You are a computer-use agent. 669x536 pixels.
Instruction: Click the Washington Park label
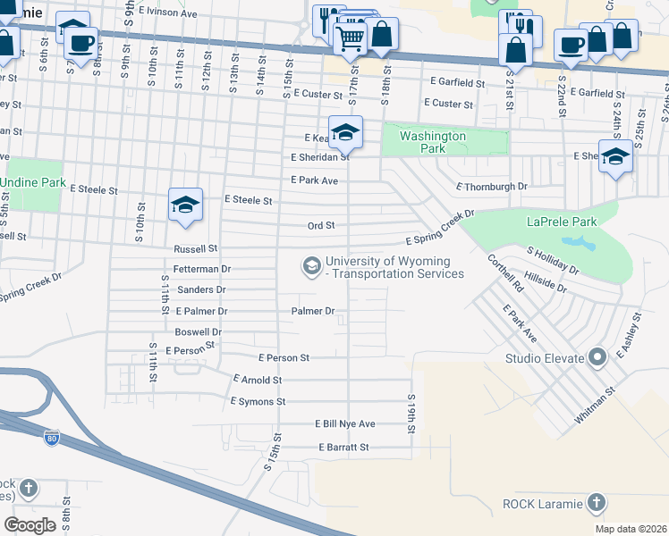433,142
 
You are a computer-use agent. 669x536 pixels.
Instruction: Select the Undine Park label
34,182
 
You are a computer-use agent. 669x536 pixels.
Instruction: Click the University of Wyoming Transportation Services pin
311,265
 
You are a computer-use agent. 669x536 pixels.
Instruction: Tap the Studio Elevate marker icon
598,359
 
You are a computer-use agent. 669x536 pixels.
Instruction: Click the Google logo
30,524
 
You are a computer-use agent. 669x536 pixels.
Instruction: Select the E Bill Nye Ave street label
344,423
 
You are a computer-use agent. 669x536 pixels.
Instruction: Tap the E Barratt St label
343,447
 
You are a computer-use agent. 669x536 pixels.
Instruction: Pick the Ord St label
320,226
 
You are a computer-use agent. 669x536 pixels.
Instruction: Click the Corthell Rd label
505,275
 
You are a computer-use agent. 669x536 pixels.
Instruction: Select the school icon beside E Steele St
185,206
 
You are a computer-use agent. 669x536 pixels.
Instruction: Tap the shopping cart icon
351,38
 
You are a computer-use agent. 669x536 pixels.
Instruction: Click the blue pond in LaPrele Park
581,243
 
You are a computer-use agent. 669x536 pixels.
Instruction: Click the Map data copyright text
630,529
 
